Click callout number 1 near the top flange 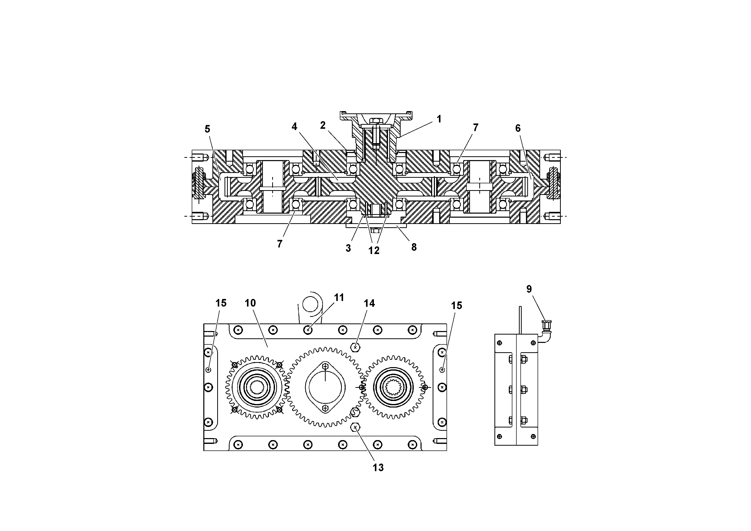point(439,119)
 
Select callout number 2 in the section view point(323,125)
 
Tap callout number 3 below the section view point(348,248)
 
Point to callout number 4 point(294,127)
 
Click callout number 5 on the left point(207,129)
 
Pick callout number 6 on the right point(518,128)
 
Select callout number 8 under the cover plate point(414,247)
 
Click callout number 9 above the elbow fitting point(529,289)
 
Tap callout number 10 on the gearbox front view point(250,303)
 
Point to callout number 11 point(339,298)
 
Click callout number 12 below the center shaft point(374,250)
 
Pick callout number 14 point(369,304)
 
